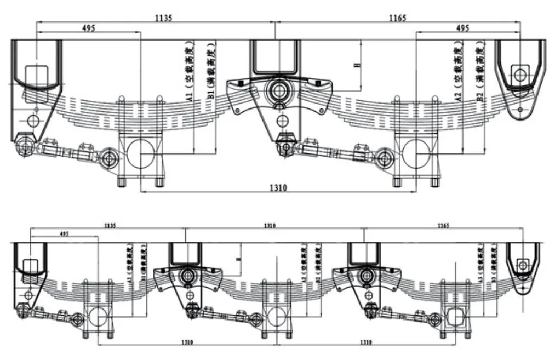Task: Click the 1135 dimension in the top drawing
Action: tap(163, 18)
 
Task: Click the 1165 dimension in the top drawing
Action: tap(397, 18)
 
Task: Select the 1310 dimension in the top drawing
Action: tap(278, 187)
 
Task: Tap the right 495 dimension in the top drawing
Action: tap(462, 28)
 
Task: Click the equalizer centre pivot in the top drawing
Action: tap(279, 89)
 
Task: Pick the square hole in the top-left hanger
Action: tap(36, 75)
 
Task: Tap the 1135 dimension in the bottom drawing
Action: tap(110, 225)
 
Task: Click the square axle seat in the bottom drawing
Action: tap(456, 318)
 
